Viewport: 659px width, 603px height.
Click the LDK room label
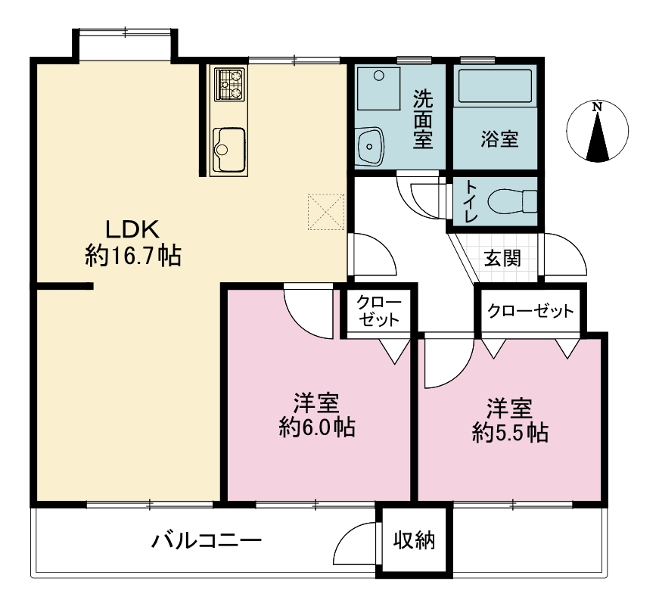(x=132, y=229)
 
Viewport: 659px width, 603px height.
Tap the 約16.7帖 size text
(x=133, y=256)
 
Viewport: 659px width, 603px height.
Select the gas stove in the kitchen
(x=229, y=85)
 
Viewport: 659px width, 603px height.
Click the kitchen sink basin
(x=228, y=150)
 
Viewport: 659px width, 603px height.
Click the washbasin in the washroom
(x=370, y=145)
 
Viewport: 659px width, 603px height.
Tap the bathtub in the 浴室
(x=495, y=85)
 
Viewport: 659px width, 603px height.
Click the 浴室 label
(x=499, y=138)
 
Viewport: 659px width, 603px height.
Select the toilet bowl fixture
(x=512, y=201)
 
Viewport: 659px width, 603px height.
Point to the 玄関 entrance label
(x=502, y=257)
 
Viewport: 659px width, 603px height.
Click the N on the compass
(x=597, y=107)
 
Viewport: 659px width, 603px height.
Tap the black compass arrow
(x=597, y=137)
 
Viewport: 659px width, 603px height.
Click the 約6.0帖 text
(x=317, y=427)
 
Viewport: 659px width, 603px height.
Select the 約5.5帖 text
(x=510, y=433)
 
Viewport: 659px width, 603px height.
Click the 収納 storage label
(x=414, y=540)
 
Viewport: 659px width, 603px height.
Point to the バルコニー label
(x=207, y=540)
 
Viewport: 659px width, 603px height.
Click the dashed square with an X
(x=327, y=212)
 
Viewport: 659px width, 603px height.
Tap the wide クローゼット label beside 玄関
(x=530, y=311)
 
